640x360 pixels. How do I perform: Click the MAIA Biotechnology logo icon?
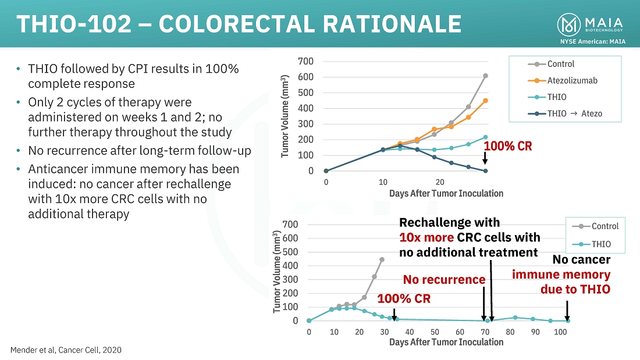568,24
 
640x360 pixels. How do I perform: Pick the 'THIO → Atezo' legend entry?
574,113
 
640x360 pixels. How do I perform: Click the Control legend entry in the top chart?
560,64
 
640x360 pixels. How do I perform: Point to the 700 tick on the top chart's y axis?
306,61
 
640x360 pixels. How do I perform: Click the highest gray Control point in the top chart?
485,76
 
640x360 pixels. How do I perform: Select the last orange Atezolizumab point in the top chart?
485,101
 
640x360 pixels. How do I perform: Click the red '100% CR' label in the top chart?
507,146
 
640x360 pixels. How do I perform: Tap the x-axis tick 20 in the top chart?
440,181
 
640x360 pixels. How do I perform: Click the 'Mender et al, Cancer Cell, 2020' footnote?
66,350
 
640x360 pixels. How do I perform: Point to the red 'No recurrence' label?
444,280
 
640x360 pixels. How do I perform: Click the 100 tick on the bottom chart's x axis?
560,332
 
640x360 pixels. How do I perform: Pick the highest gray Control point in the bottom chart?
382,259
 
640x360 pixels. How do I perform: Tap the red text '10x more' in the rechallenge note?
426,237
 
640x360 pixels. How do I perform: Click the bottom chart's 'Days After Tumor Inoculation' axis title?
446,342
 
